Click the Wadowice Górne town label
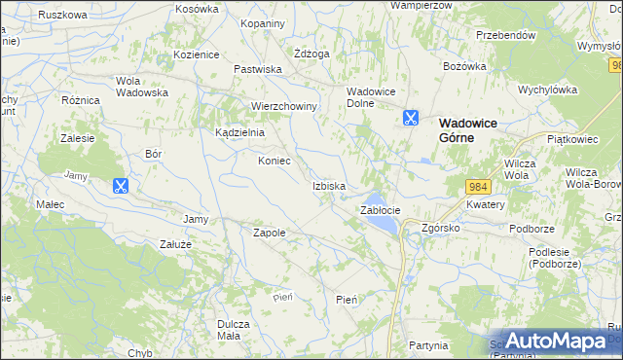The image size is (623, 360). click(470, 129)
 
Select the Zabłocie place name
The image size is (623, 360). click(380, 210)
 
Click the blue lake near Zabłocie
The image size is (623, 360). click(380, 225)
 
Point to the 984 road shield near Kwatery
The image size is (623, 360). click(477, 187)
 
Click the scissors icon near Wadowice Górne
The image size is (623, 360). click(410, 119)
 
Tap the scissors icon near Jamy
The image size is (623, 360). click(121, 186)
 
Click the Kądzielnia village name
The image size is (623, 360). click(239, 132)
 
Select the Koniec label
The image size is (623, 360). click(274, 161)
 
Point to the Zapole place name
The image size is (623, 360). click(269, 233)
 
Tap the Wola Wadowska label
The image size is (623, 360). click(142, 87)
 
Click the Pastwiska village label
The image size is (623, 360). click(257, 69)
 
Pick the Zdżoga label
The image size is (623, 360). click(312, 54)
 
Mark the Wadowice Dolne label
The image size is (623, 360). click(369, 97)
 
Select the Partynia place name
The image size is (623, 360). click(428, 344)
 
